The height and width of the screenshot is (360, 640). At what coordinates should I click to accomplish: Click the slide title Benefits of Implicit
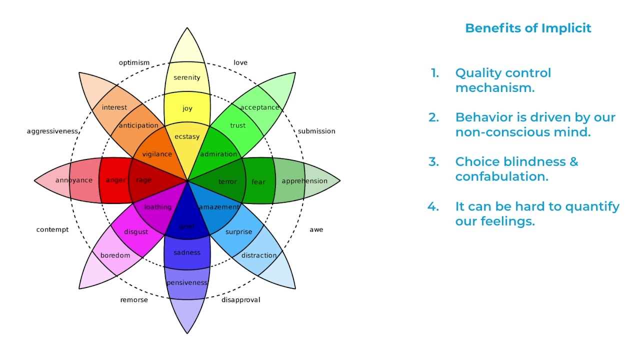528,28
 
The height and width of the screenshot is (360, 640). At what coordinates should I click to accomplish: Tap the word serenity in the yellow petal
187,77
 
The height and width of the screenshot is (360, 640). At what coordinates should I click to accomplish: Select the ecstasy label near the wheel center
187,136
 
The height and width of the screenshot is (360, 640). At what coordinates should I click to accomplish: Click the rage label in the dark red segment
143,180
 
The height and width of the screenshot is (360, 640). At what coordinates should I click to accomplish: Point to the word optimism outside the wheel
134,62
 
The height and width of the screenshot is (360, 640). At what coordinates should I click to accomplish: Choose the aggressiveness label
52,131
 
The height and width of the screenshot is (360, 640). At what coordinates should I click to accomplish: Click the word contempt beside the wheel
52,229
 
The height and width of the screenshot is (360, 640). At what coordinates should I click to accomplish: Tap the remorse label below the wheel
134,300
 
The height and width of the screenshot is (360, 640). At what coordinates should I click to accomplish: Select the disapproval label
240,300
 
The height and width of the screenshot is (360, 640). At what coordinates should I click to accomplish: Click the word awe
316,229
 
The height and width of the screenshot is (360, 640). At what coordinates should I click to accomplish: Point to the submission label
316,131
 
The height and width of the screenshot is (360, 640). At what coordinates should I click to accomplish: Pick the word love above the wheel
240,62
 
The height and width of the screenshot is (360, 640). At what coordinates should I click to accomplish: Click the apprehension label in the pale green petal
304,181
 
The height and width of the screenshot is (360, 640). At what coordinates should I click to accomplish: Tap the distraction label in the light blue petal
259,255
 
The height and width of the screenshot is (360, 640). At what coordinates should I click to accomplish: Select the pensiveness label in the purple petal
187,283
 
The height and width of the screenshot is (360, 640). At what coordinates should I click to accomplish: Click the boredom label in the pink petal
115,255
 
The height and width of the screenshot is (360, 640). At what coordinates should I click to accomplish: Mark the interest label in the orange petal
114,107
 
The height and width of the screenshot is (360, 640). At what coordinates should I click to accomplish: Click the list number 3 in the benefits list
433,162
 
